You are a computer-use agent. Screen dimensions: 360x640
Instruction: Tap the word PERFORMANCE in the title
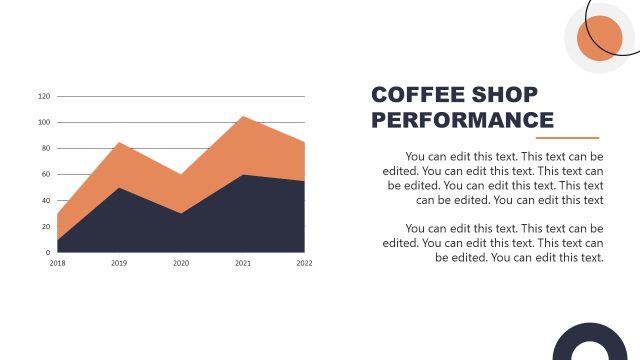pyautogui.click(x=462, y=121)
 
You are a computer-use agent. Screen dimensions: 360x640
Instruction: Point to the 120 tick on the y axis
pyautogui.click(x=44, y=97)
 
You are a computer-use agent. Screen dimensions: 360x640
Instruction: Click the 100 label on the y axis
pyautogui.click(x=44, y=123)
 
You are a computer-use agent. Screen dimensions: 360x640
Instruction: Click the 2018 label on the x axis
pyautogui.click(x=57, y=263)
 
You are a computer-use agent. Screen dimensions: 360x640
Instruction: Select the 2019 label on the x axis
pyautogui.click(x=119, y=263)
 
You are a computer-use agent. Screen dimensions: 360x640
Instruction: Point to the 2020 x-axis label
pyautogui.click(x=181, y=263)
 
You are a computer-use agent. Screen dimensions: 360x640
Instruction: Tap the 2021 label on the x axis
pyautogui.click(x=243, y=263)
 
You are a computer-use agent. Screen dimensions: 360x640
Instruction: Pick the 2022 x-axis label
pyautogui.click(x=304, y=263)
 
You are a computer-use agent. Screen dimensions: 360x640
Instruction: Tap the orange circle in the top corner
pyautogui.click(x=601, y=38)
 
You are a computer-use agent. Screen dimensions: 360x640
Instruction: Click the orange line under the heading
pyautogui.click(x=565, y=138)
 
